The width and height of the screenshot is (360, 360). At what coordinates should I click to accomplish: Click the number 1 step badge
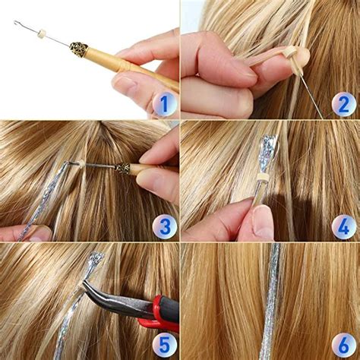point(163,103)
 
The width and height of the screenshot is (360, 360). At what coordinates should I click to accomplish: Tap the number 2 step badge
point(343,103)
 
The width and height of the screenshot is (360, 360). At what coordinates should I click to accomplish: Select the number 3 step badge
point(163,225)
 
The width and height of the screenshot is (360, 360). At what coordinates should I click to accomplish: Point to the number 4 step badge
point(343,225)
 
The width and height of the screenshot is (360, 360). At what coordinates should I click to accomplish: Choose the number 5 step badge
point(163,344)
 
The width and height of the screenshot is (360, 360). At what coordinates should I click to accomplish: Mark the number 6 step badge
point(343,344)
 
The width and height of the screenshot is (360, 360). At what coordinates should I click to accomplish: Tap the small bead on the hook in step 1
point(43,34)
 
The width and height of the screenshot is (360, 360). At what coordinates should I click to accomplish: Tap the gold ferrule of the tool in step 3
point(122,169)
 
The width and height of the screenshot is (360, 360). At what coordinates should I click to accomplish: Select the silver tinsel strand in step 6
point(270,304)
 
